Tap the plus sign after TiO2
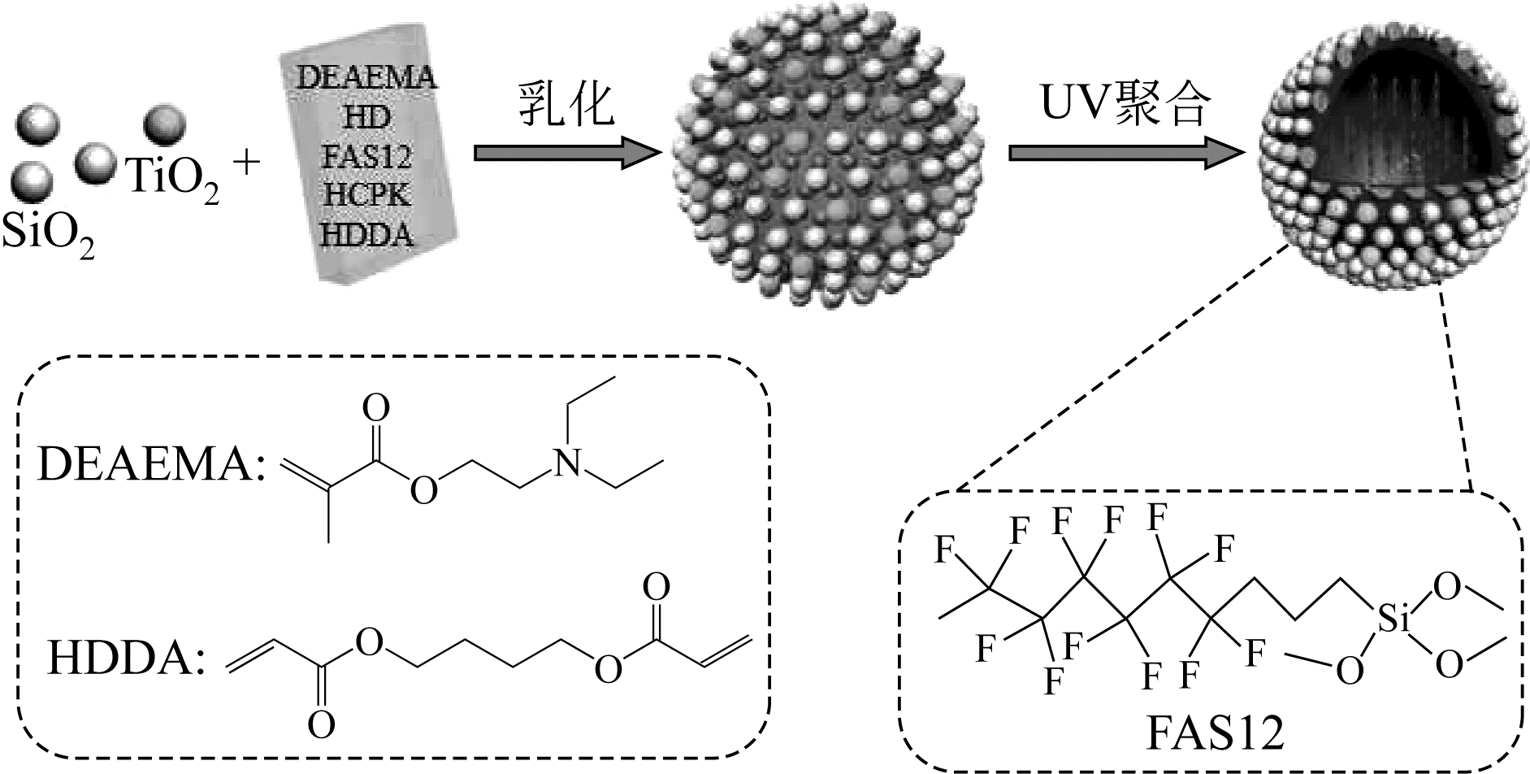click(x=246, y=163)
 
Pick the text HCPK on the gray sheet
click(x=366, y=196)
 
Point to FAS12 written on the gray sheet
click(x=366, y=155)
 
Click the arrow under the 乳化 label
click(x=566, y=152)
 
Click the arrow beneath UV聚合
click(x=1125, y=152)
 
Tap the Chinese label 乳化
click(x=566, y=105)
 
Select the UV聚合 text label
click(x=1125, y=105)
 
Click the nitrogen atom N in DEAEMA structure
click(x=572, y=463)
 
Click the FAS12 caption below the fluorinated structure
click(x=1216, y=733)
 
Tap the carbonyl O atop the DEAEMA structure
click(x=376, y=409)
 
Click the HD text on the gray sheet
click(x=366, y=118)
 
